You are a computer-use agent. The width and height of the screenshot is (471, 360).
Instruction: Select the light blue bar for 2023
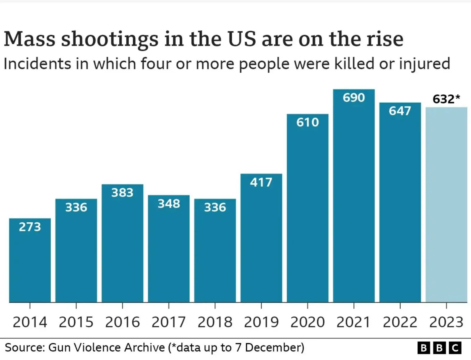tap(446, 206)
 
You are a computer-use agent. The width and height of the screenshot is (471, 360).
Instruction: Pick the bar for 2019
tap(261, 241)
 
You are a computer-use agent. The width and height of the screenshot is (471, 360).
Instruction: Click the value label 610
tap(308, 122)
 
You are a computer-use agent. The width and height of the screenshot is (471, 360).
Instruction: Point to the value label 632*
tap(446, 99)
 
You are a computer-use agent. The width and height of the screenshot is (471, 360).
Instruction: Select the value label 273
tap(30, 227)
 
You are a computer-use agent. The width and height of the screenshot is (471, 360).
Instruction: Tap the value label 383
tap(122, 193)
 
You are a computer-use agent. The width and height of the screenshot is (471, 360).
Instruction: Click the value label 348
tap(169, 204)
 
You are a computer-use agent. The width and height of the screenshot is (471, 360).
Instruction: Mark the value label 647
tap(400, 111)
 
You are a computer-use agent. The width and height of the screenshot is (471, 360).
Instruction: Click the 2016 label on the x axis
tap(122, 322)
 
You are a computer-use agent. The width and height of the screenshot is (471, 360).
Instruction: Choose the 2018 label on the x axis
tap(215, 322)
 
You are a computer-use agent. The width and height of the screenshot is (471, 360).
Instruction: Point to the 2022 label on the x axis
tap(400, 322)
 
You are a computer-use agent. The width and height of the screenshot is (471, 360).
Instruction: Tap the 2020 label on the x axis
tap(308, 322)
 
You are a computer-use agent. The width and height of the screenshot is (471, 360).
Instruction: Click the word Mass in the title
tap(29, 39)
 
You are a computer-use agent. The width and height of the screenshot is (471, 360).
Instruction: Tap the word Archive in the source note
tap(144, 348)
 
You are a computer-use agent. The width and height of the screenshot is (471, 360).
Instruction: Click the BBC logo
tap(439, 348)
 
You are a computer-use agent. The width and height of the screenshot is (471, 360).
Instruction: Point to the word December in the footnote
tap(274, 348)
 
